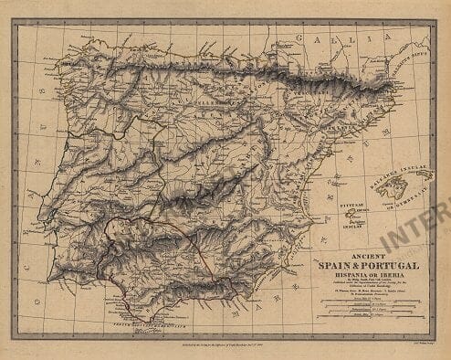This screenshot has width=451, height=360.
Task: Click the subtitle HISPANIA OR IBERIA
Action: tap(365, 275)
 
